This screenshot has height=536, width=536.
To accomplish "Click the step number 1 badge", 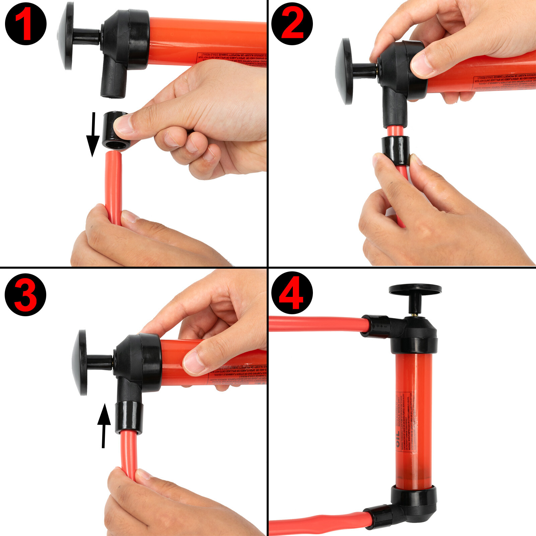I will pos(25,24).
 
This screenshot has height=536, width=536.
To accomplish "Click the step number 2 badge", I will pos(292,24).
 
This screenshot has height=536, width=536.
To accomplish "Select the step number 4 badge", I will pos(292,292).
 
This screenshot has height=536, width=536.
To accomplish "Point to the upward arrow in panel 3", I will pos(104,425).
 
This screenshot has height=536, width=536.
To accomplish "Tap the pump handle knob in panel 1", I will pos(66,36).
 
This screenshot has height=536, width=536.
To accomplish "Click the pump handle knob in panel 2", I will pos(344,71).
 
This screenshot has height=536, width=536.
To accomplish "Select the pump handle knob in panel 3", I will pos(80,362).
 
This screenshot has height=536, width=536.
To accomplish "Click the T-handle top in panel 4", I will pos(415,289).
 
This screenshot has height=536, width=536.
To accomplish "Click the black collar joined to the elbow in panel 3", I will pos(129,418).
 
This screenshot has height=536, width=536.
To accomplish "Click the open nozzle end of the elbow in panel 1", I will pos(113,95).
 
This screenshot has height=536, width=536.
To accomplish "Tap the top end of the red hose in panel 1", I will pos(113,154).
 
